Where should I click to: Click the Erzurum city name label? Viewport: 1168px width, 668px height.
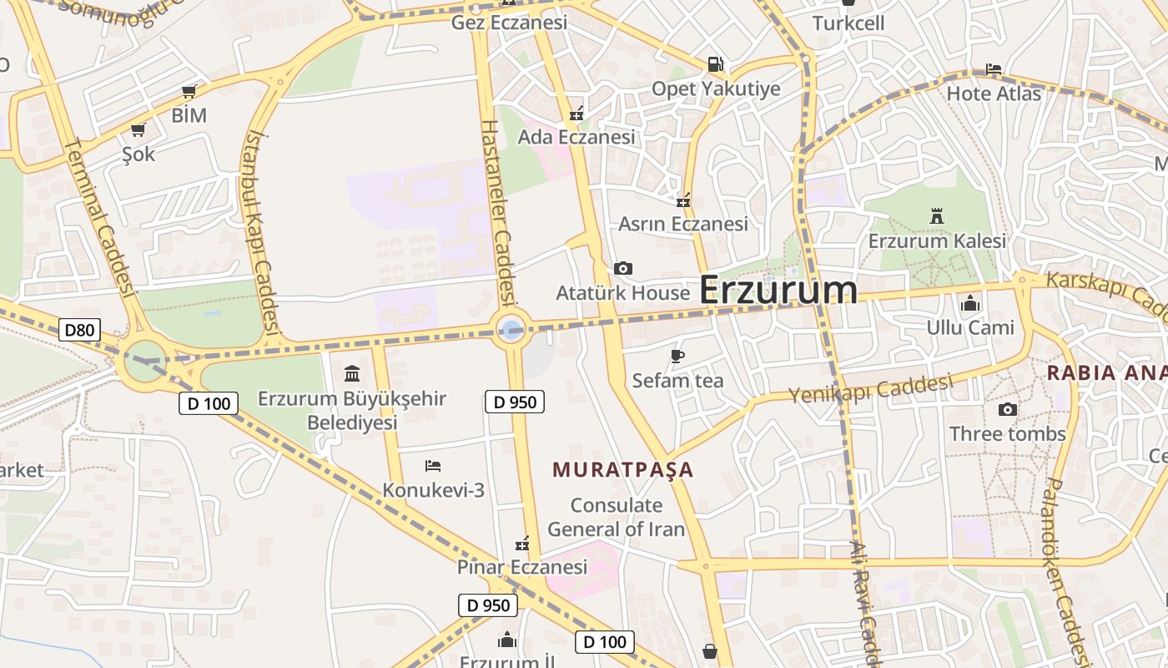[x=778, y=290]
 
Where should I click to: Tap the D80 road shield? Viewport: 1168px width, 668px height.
[x=79, y=330]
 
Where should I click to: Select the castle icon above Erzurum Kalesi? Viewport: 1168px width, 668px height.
[x=936, y=216]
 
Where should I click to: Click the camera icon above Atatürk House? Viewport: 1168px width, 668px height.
[x=622, y=268]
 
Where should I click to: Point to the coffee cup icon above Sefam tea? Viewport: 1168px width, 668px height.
[x=677, y=357]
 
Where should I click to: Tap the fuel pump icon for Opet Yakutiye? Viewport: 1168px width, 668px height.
[x=715, y=63]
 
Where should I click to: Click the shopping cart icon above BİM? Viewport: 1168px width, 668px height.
[x=189, y=91]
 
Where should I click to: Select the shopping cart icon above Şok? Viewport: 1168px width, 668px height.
[x=138, y=129]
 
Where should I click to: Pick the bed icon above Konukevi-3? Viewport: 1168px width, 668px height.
[x=432, y=465]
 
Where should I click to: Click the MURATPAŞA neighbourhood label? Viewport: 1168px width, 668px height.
[x=622, y=469]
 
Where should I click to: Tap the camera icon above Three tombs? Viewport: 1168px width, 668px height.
[x=1007, y=409]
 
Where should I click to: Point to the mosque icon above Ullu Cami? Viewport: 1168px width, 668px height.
[x=969, y=303]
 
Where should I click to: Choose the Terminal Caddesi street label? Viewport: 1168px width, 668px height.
[x=99, y=217]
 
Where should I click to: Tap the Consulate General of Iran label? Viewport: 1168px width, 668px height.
[x=616, y=517]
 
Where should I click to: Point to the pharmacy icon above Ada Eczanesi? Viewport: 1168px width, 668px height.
[x=576, y=114]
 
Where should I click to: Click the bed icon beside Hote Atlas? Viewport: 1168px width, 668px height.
[x=993, y=69]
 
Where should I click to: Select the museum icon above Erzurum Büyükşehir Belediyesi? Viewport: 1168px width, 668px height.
[x=352, y=373]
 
